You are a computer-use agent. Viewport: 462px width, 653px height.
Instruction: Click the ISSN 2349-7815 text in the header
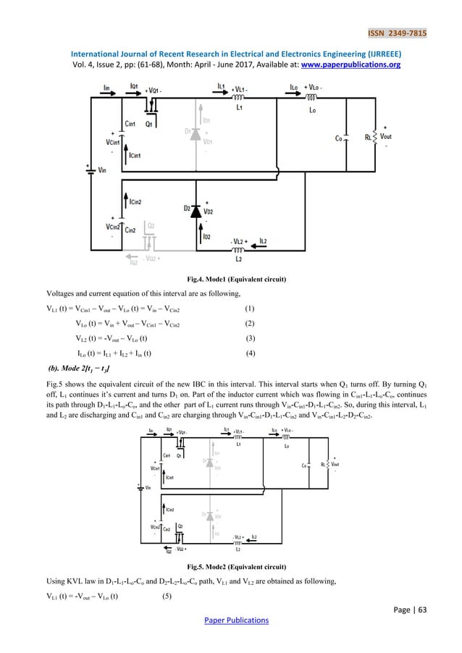414,12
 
